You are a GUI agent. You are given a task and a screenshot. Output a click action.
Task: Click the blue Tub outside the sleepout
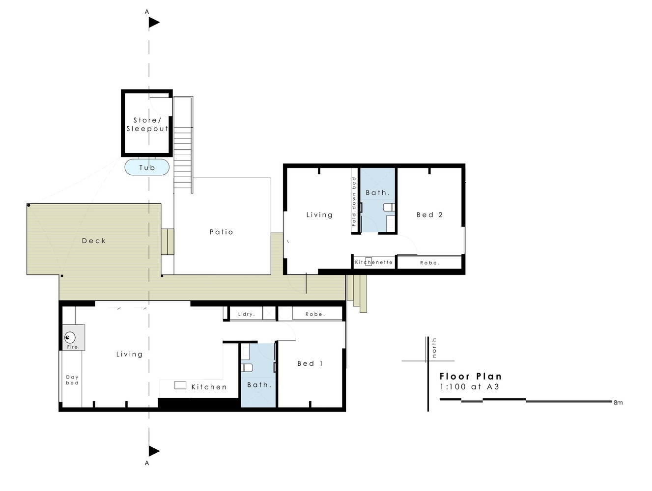147,167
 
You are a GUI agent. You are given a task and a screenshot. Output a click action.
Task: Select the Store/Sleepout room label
147,124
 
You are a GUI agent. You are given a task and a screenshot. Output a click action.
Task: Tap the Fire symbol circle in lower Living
70,337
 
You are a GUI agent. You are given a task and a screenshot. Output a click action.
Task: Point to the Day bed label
72,380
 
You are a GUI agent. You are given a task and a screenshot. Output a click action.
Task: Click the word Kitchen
209,387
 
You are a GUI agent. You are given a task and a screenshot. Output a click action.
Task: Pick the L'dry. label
246,314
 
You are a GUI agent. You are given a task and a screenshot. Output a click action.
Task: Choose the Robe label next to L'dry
315,314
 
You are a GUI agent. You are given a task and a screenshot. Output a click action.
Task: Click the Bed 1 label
310,363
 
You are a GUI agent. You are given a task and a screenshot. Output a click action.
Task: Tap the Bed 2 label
429,215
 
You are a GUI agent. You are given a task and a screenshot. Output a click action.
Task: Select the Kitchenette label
374,262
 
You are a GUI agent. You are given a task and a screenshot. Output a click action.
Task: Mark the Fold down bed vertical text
354,201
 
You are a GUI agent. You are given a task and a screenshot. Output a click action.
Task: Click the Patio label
221,232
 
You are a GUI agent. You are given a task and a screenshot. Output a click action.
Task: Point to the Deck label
94,241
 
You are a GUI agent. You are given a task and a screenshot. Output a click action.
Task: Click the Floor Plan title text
470,376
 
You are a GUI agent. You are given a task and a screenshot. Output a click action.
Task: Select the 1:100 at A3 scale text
469,386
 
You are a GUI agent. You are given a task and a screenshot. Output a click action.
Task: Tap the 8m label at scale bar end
618,403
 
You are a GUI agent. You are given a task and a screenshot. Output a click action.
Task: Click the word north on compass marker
434,348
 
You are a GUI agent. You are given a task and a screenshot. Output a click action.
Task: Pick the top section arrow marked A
154,22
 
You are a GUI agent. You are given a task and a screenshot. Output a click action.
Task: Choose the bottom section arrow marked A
154,451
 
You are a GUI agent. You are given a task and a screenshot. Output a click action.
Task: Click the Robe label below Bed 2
429,263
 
